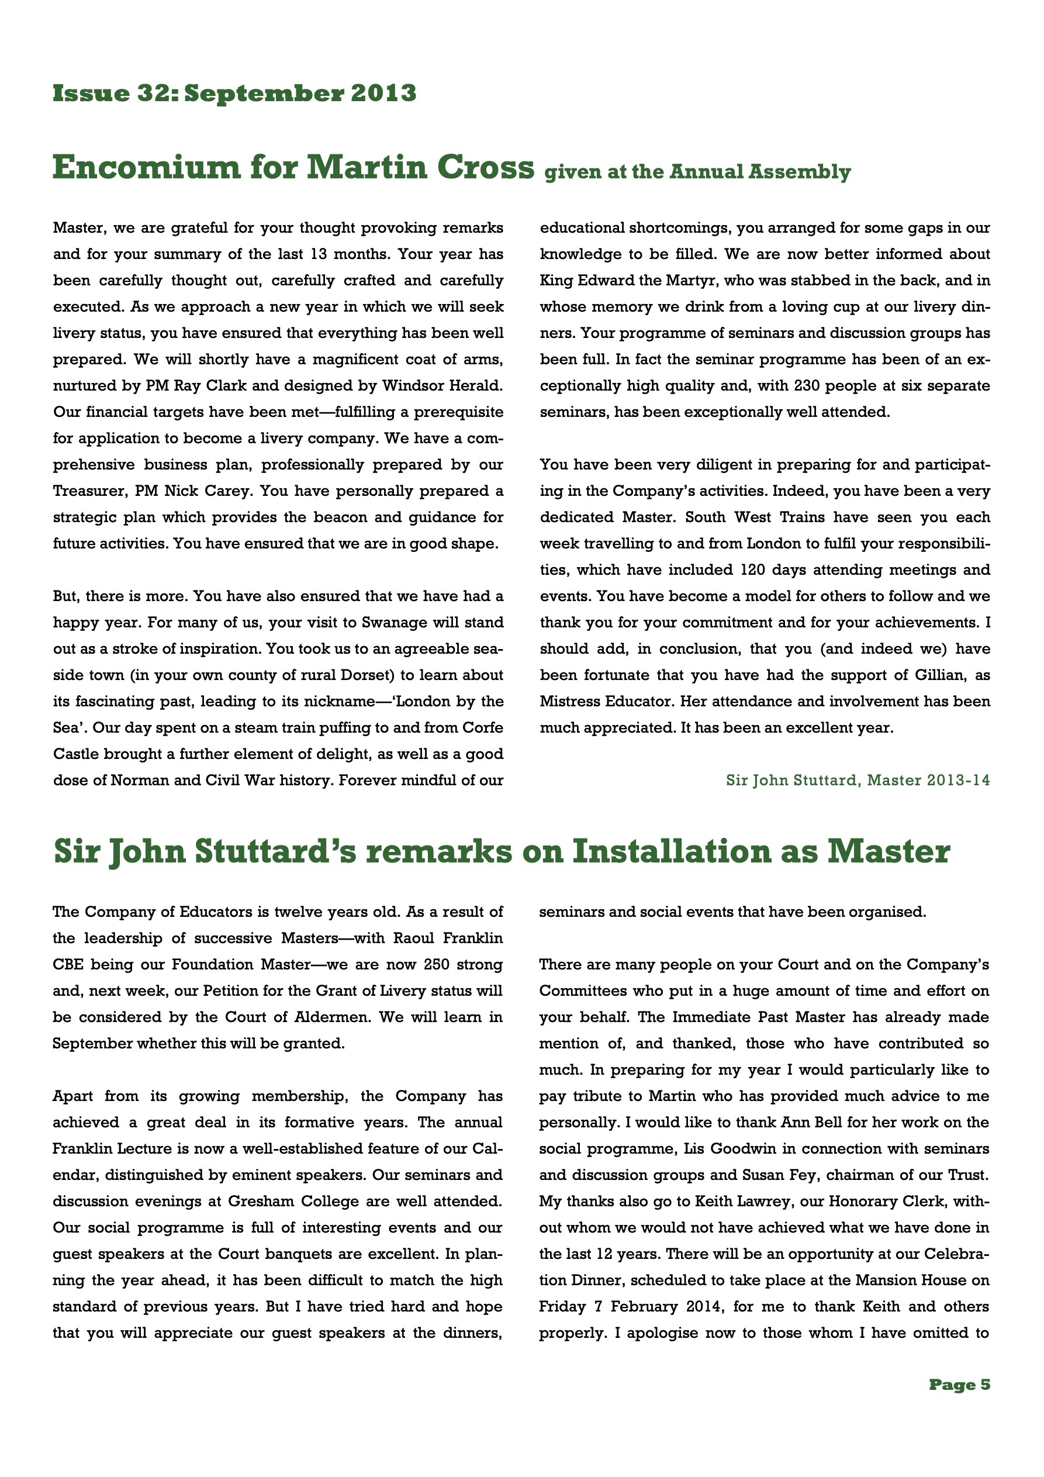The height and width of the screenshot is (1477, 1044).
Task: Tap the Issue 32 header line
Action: (234, 94)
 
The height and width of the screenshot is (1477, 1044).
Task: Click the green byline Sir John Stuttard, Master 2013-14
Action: (858, 781)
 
